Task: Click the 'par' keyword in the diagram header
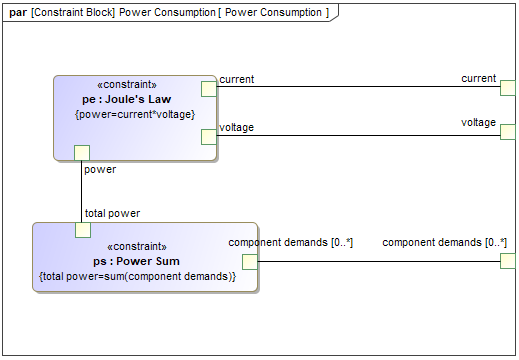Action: click(x=19, y=12)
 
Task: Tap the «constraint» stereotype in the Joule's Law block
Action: click(x=134, y=85)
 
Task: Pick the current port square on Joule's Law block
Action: click(x=209, y=88)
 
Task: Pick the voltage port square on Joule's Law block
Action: click(x=209, y=136)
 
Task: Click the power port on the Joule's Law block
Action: click(x=82, y=152)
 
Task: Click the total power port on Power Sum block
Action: click(x=83, y=230)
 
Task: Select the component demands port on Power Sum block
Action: click(x=250, y=262)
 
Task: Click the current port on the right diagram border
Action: click(x=507, y=88)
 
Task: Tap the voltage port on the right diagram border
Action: click(x=507, y=132)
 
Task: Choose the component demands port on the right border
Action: click(x=507, y=262)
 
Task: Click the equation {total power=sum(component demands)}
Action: click(x=137, y=275)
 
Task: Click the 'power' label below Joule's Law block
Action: click(x=100, y=169)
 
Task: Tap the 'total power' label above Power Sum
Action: click(x=112, y=213)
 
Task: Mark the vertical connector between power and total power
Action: click(x=82, y=191)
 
